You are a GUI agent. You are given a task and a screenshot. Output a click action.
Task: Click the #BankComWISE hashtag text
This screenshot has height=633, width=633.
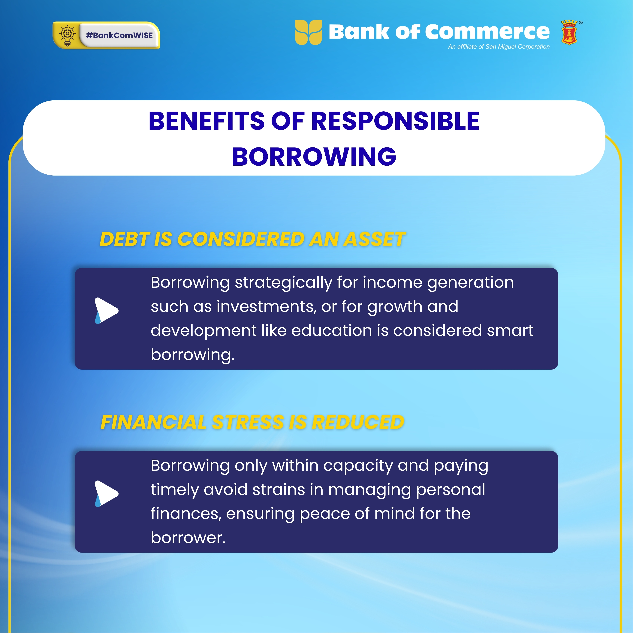(119, 35)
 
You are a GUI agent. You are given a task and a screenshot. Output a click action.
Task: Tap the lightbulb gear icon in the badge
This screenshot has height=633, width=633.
(67, 35)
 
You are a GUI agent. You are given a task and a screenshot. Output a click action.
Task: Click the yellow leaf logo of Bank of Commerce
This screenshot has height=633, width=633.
(308, 32)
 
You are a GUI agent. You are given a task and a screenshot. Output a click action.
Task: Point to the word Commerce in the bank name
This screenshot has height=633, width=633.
(487, 32)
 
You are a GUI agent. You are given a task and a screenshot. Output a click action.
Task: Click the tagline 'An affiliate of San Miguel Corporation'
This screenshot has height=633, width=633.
(499, 47)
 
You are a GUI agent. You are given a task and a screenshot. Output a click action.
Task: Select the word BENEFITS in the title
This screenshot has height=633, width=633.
(207, 121)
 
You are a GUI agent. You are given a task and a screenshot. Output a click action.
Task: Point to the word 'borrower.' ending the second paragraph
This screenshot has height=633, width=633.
(188, 538)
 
